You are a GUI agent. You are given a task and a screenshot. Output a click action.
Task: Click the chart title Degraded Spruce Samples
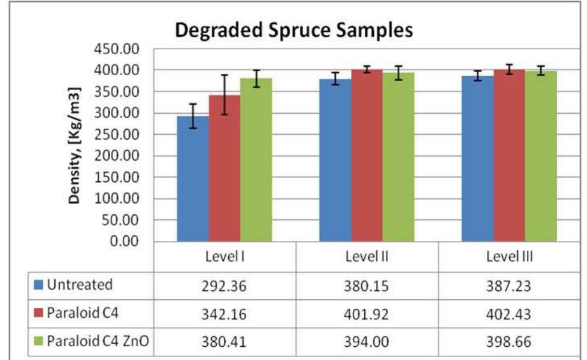click(x=294, y=31)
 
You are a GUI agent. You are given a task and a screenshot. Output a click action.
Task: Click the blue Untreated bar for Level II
click(x=335, y=160)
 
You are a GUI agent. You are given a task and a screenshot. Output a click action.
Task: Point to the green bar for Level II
click(x=399, y=157)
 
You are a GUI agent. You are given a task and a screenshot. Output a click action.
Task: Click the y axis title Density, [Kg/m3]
click(x=75, y=146)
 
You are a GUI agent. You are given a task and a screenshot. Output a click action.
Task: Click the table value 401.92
click(x=367, y=314)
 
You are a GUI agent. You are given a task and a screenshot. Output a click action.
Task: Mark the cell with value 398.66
click(x=509, y=343)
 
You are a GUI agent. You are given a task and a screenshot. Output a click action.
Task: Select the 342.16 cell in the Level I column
click(x=225, y=314)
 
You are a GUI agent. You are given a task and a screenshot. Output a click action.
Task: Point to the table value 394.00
click(x=367, y=343)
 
